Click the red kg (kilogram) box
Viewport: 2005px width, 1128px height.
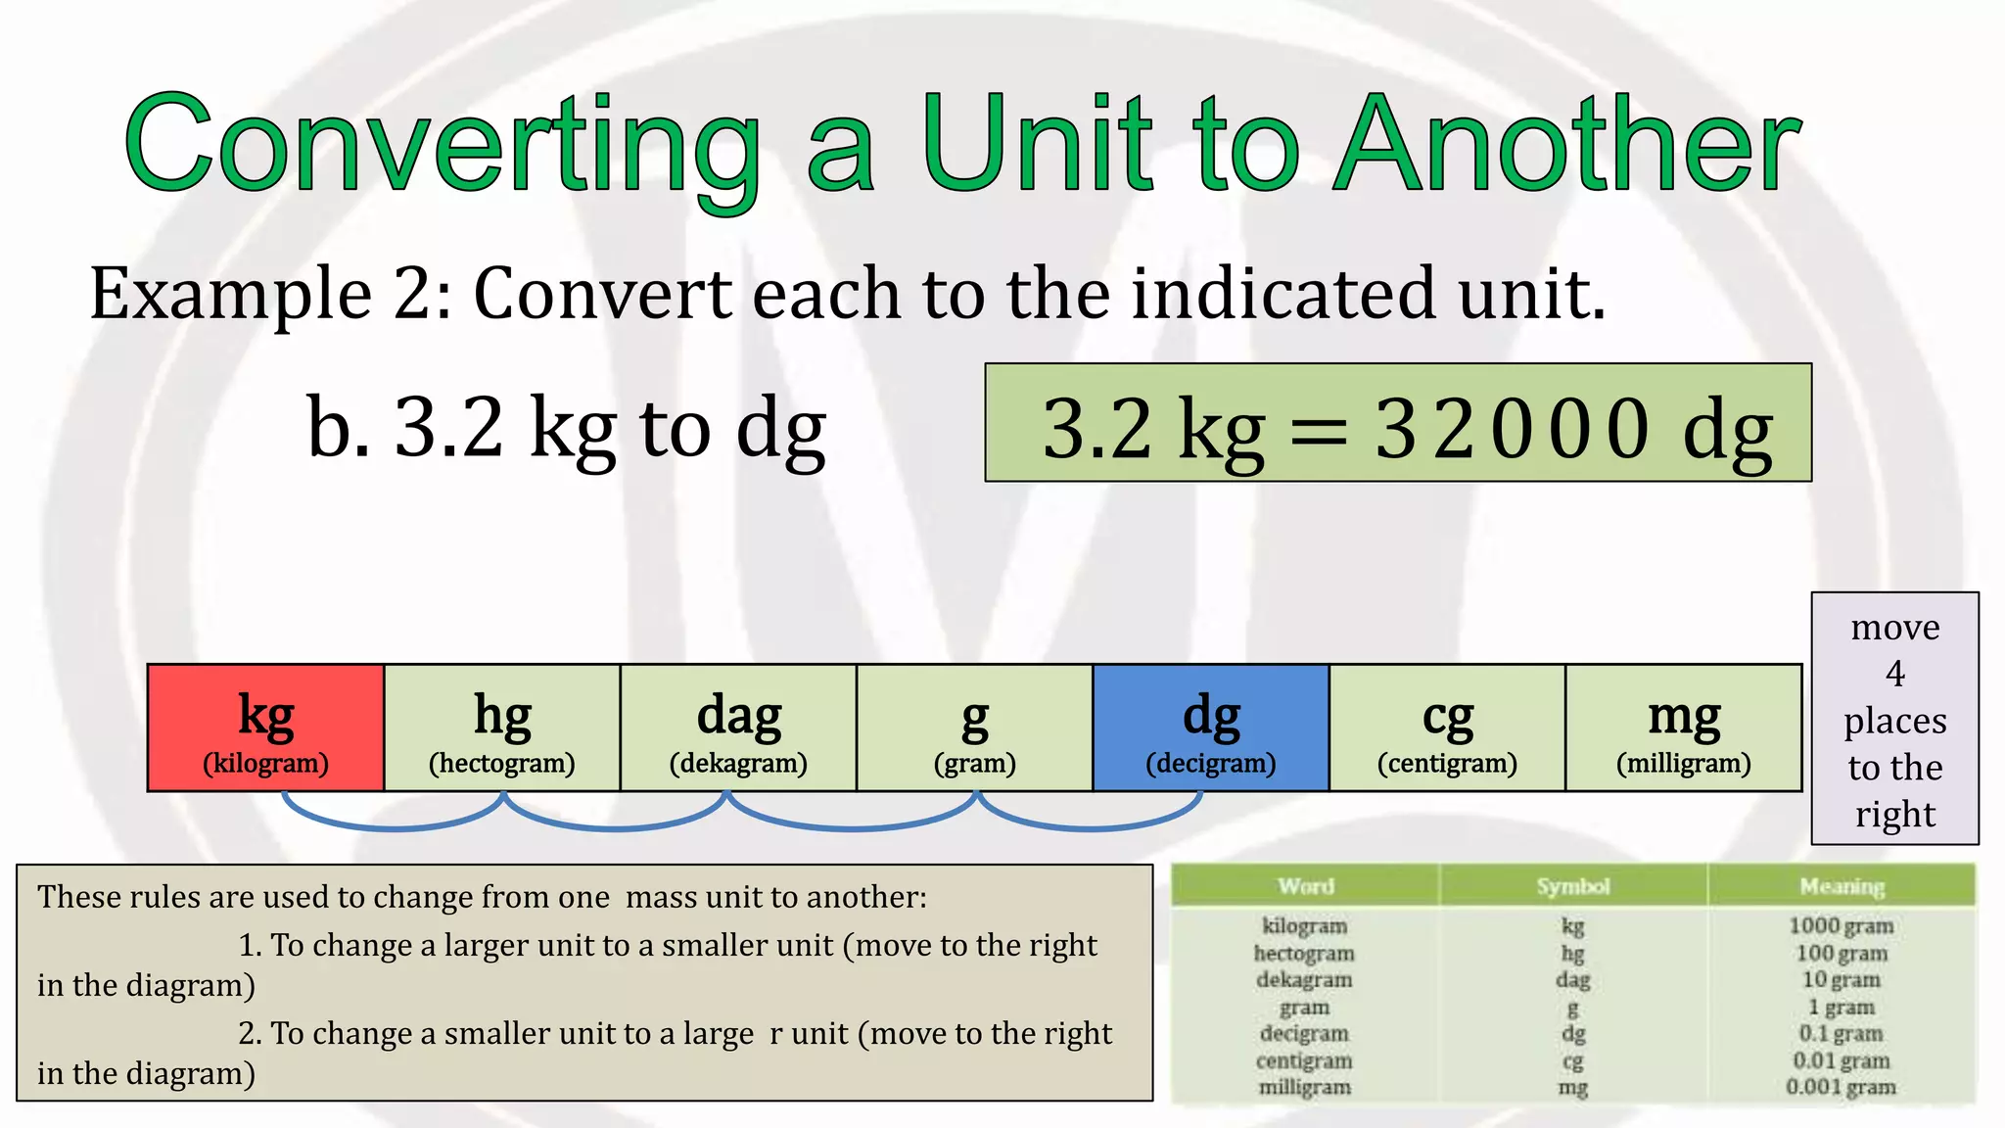pyautogui.click(x=265, y=728)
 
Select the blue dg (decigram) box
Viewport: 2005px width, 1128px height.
pyautogui.click(x=1211, y=728)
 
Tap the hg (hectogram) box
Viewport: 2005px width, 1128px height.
pyautogui.click(x=502, y=728)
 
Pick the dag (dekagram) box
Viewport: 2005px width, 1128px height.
pyautogui.click(x=738, y=728)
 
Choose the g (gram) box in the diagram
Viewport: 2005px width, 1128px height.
pyautogui.click(x=975, y=728)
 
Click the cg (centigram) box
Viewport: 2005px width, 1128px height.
pyautogui.click(x=1447, y=728)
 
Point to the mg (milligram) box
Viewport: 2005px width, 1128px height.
pyautogui.click(x=1684, y=728)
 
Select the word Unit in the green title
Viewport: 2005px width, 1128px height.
pyautogui.click(x=1038, y=145)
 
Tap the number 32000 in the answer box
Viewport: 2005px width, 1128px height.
pyautogui.click(x=1513, y=429)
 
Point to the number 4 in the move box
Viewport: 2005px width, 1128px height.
pyautogui.click(x=1895, y=674)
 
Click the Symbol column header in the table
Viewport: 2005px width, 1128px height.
pyautogui.click(x=1573, y=886)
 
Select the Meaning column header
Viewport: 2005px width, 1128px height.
pyautogui.click(x=1842, y=886)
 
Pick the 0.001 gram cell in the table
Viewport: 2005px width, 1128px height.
pyautogui.click(x=1841, y=1087)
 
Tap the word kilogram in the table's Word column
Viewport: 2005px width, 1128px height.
pyautogui.click(x=1304, y=925)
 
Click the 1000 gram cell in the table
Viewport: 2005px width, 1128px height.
pyautogui.click(x=1841, y=925)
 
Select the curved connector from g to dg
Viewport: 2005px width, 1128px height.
pyautogui.click(x=1091, y=826)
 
